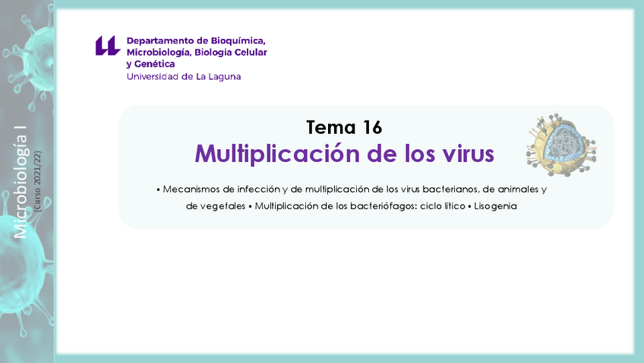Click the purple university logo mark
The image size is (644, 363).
coord(107,46)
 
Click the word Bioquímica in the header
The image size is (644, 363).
coord(231,40)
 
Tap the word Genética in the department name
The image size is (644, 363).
coord(155,64)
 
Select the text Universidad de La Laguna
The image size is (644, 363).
coord(184,76)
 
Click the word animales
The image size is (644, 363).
coord(516,189)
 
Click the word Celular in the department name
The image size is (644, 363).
coord(249,53)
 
